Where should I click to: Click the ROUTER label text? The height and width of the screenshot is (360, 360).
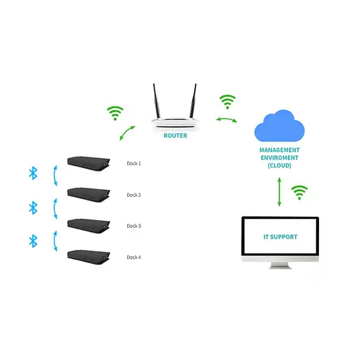pos(175,136)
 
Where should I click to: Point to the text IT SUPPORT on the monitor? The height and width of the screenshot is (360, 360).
pos(280,237)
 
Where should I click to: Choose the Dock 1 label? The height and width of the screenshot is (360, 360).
pos(134,163)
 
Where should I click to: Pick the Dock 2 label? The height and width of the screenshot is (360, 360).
pos(134,195)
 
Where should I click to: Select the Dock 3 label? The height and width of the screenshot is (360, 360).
pos(134,226)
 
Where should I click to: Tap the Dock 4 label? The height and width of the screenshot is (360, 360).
pos(134,257)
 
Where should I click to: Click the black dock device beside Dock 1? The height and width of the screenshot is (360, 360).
pos(89,163)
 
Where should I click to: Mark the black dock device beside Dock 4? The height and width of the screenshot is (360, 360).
pos(89,256)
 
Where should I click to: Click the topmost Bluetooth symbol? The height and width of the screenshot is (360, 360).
pos(32,173)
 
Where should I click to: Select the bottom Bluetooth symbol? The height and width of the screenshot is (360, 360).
pos(32,241)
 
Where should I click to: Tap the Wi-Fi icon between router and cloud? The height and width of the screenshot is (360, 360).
pos(227,101)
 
